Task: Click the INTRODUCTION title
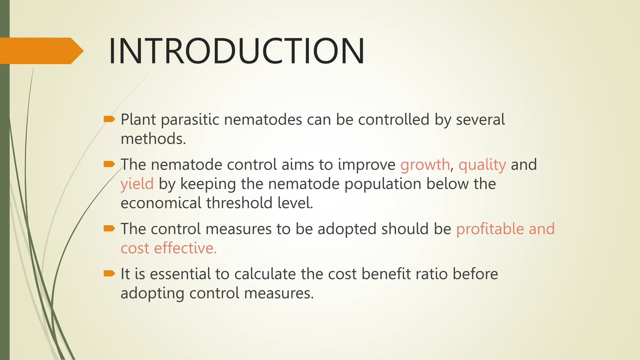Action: click(x=236, y=51)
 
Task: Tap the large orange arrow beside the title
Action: click(x=41, y=51)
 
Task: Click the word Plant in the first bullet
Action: click(x=138, y=120)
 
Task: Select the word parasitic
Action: click(x=190, y=120)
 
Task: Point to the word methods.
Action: click(x=153, y=139)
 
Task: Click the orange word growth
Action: click(x=425, y=165)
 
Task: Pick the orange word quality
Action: click(x=482, y=165)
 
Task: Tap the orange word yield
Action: click(x=137, y=184)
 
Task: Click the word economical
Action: click(x=161, y=203)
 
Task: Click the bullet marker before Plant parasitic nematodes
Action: click(x=109, y=119)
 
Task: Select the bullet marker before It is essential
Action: click(x=109, y=274)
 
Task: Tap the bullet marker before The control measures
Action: click(x=109, y=229)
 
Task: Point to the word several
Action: click(x=480, y=120)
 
